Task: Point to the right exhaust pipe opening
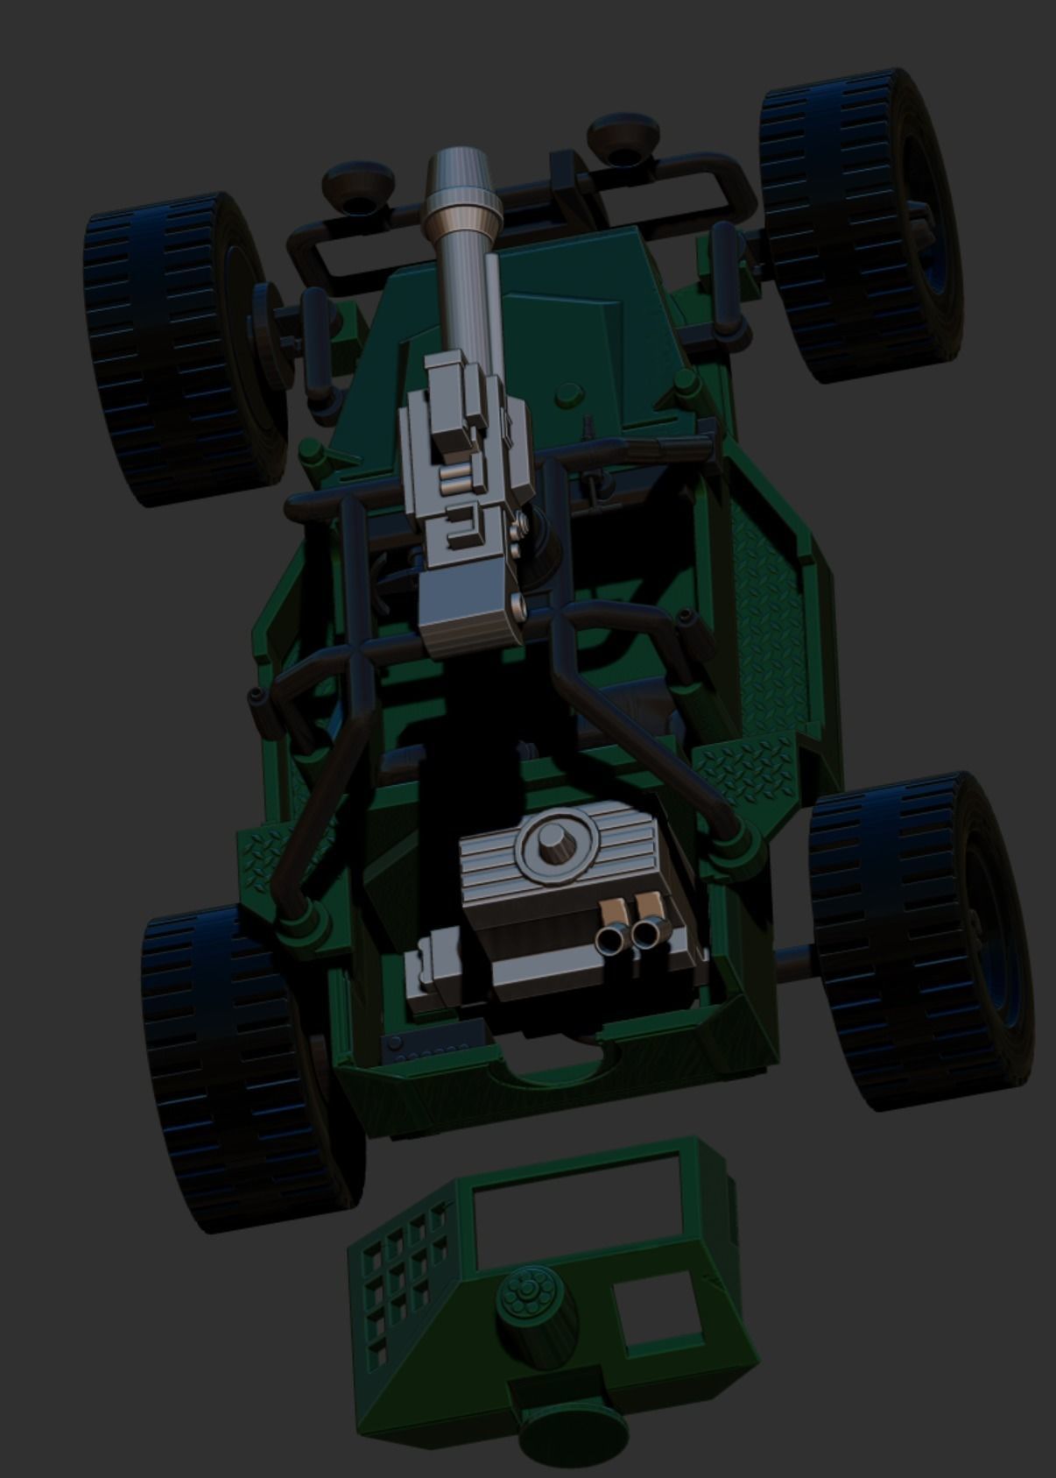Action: [647, 936]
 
